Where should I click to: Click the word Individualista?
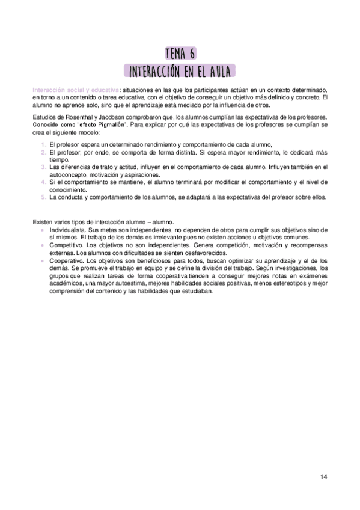point(67,229)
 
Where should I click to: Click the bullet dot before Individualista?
point(41,230)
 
